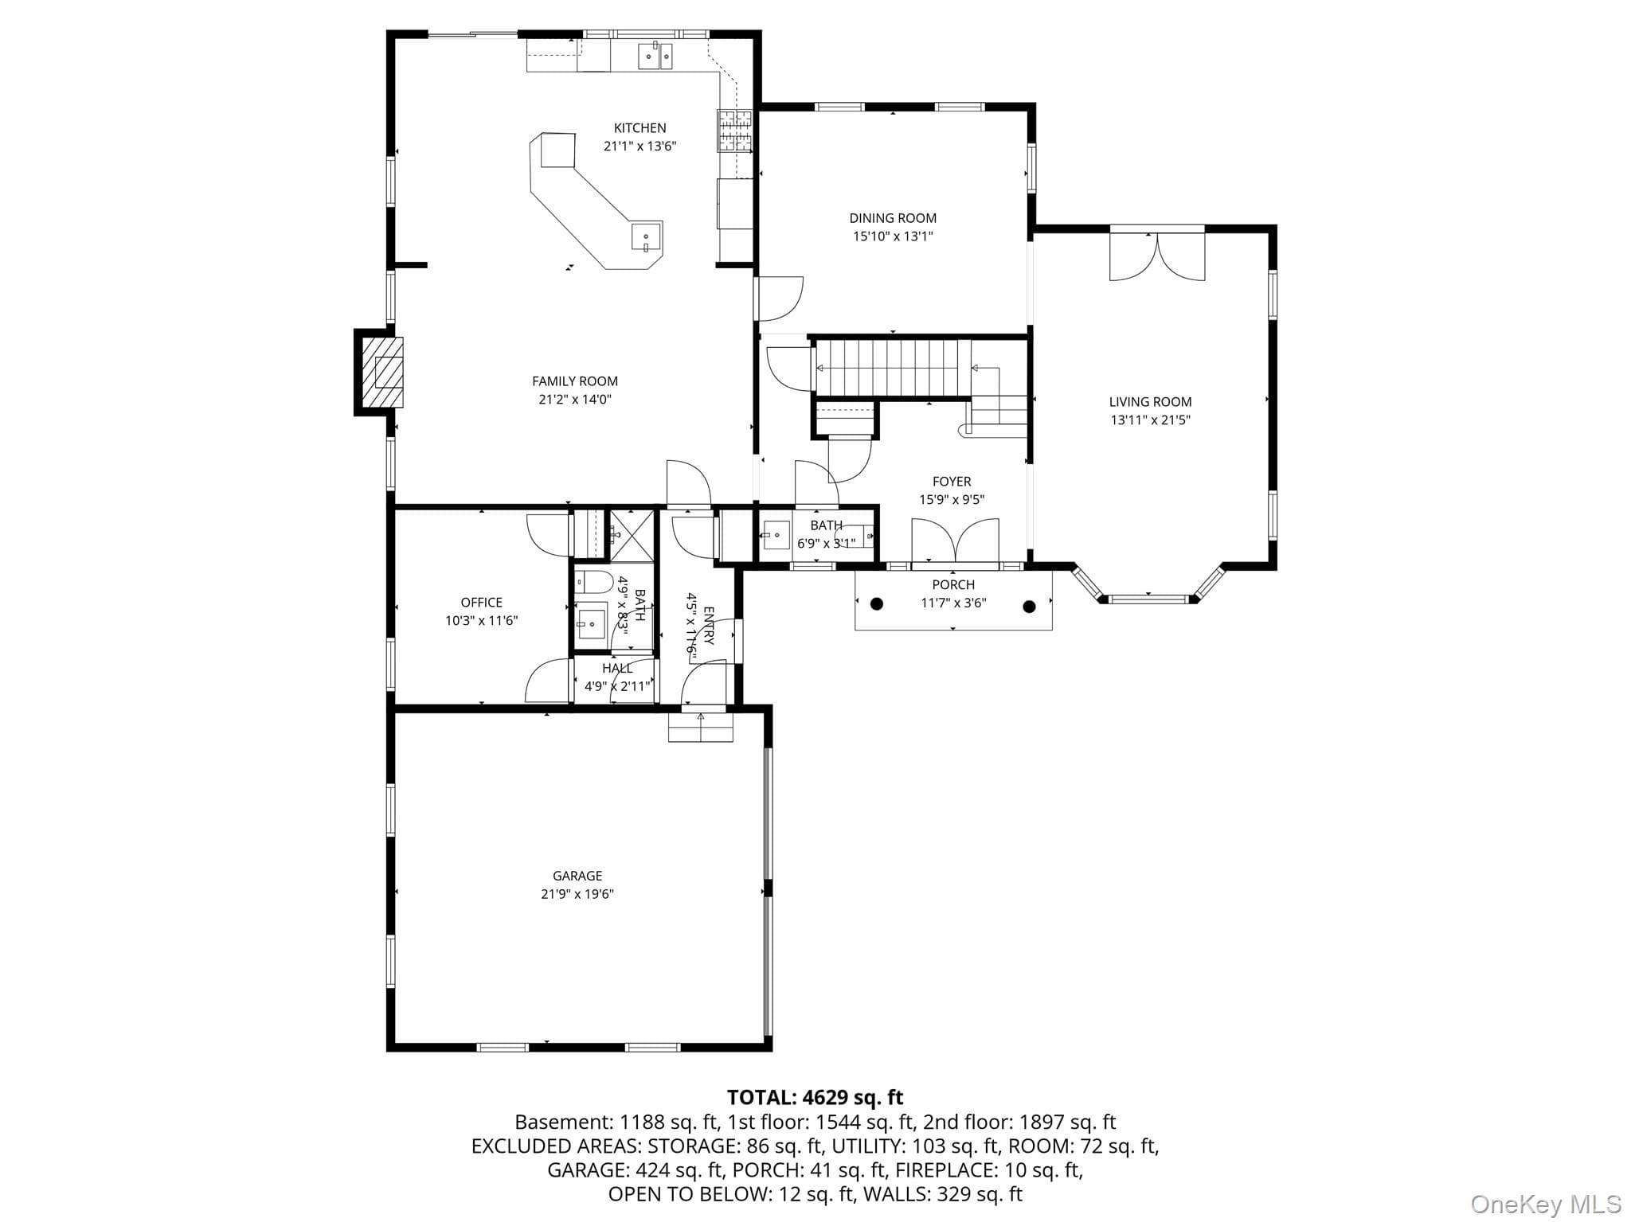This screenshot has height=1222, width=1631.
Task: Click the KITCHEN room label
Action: pos(639,128)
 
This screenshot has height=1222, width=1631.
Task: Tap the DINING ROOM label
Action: pos(893,218)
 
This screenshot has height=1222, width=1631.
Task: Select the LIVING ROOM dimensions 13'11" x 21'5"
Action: pos(1150,420)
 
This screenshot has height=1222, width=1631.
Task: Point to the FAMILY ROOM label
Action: pos(575,381)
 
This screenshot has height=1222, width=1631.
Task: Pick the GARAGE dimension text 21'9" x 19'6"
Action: pos(577,894)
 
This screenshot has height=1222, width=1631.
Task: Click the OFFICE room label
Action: pos(482,603)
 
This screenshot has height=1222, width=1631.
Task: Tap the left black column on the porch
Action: pos(877,604)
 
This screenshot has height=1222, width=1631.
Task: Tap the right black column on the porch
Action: pos(1029,607)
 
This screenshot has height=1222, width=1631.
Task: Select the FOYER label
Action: pos(952,482)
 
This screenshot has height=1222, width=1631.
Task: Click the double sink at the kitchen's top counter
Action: pos(655,57)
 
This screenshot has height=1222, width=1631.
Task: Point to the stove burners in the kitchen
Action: pos(735,131)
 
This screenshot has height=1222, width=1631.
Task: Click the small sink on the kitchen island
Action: pos(646,237)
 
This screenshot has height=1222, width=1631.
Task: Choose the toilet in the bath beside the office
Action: pos(593,583)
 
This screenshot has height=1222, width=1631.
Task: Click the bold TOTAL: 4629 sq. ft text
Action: pos(815,1098)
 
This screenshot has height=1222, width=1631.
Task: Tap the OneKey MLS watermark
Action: pos(1546,1204)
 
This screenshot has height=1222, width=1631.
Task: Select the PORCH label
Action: pos(953,585)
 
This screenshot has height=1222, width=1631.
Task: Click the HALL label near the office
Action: pos(617,669)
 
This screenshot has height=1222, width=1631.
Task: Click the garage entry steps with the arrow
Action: pos(700,726)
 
